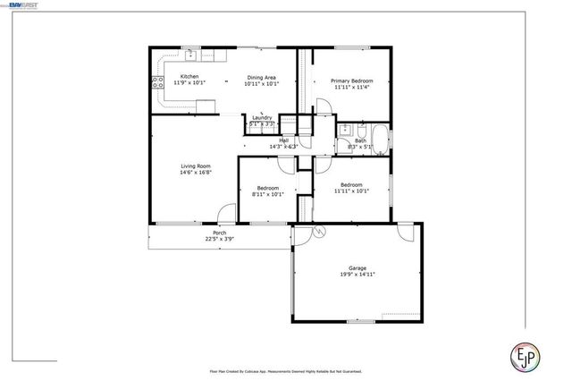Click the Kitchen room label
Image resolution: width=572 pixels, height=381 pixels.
pos(189,77)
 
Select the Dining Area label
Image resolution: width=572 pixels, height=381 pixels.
pos(263,77)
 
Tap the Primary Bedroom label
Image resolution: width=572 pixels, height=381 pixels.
pos(354,81)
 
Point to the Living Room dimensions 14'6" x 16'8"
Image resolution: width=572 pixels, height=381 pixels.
pos(196,173)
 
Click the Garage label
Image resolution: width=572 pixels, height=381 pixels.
pos(357,268)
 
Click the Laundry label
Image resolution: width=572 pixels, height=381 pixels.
pos(262,118)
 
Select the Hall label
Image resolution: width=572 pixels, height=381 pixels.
pos(283,140)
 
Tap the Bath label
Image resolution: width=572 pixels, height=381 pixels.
pos(361,140)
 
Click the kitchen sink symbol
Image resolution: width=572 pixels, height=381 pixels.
pos(190,54)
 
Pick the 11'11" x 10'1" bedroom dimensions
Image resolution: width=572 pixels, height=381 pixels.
pos(351,190)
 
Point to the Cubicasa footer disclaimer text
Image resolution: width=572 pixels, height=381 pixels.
pos(285,368)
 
